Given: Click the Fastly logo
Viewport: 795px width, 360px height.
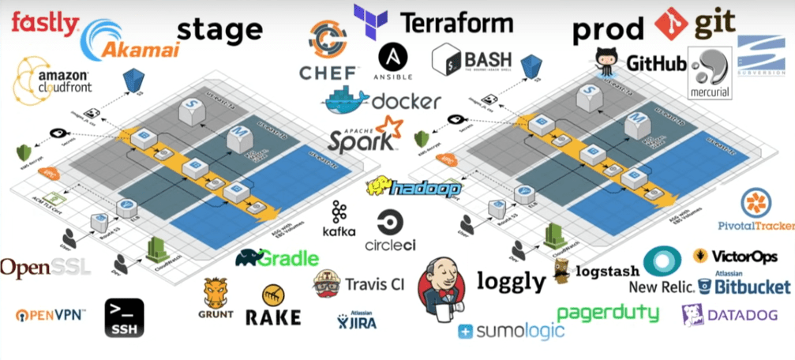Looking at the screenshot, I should click(x=44, y=21).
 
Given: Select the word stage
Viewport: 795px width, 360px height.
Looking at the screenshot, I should click(x=219, y=31).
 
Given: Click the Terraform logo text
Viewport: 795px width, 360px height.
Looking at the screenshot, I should click(x=456, y=22).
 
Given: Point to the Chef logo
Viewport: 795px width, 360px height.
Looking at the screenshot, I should click(x=327, y=51).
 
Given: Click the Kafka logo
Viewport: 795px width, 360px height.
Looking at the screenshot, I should click(x=339, y=219).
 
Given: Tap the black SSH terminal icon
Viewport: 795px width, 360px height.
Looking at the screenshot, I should click(x=124, y=317).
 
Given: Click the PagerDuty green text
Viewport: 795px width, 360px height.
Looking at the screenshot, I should click(x=607, y=313).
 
